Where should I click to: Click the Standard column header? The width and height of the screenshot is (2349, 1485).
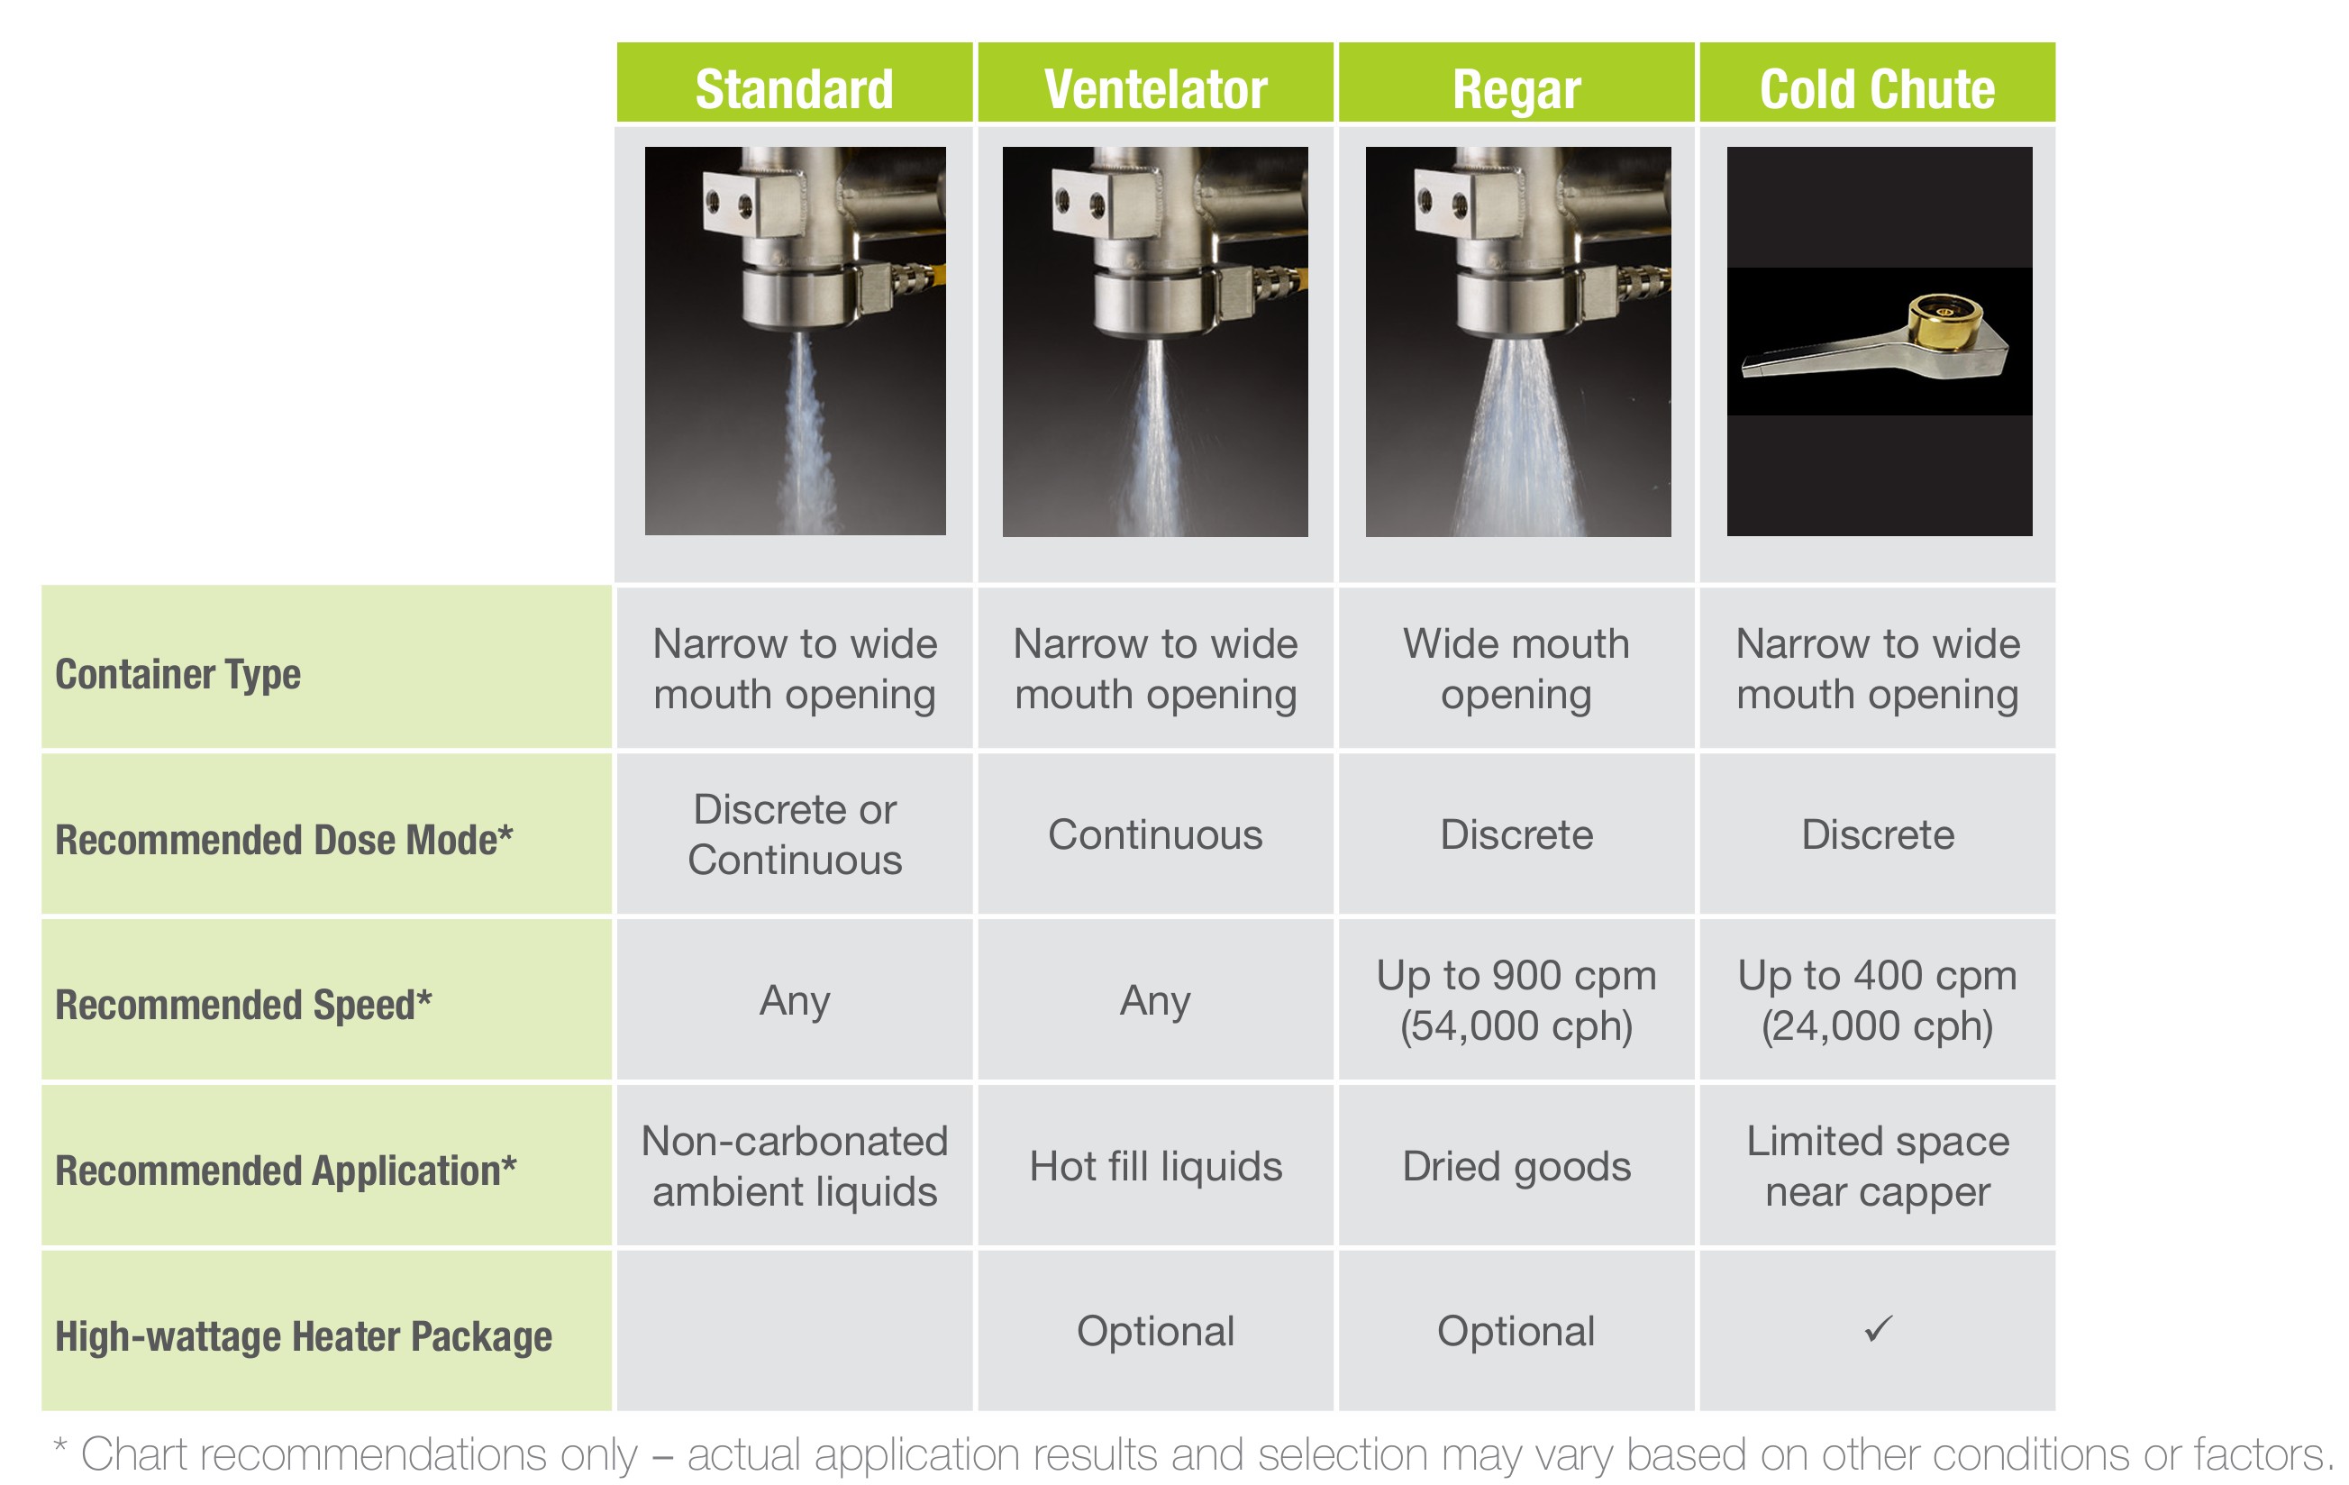794,89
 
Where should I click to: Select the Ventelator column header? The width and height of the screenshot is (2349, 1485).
1155,89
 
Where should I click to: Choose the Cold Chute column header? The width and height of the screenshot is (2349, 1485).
1877,89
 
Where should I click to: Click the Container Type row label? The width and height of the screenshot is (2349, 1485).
178,675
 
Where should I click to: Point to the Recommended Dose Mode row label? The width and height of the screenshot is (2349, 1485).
284,839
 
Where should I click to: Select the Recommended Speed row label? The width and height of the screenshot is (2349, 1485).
243,1005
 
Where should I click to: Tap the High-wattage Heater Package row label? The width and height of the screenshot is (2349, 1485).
304,1336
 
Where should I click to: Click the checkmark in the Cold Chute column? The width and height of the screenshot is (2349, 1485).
1878,1329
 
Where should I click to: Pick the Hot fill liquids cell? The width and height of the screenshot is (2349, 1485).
1155,1167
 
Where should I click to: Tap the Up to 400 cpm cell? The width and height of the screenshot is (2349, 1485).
1877,1000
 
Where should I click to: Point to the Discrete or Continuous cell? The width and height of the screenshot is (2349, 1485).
794,834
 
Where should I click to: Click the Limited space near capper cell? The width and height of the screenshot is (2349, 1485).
1877,1166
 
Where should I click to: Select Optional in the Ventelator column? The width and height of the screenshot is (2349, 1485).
1155,1332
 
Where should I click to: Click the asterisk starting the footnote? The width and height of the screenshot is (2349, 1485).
60,1446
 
